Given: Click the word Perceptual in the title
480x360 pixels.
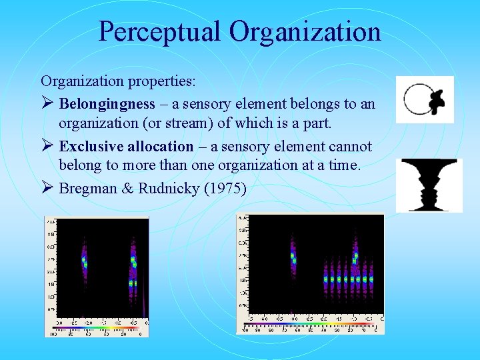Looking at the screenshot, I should click(160, 31).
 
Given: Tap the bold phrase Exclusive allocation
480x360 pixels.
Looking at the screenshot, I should click(126, 147).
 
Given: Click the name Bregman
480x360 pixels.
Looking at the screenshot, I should click(88, 189).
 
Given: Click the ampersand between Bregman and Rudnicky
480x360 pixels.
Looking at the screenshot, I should click(127, 189).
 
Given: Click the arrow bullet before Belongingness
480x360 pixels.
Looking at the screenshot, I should click(47, 104).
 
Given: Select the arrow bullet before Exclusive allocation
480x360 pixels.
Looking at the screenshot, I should click(47, 147).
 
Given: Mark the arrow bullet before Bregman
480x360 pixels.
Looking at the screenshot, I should click(47, 189).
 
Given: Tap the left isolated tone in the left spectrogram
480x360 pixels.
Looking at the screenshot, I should click(84, 261).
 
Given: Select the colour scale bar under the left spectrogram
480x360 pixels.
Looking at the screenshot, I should click(97, 328).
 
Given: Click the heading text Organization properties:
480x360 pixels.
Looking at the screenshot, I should click(118, 82).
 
